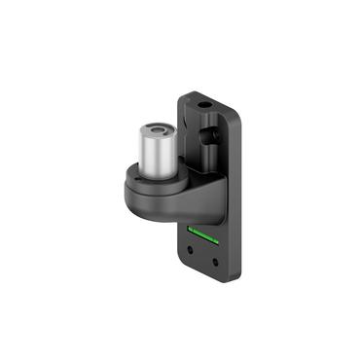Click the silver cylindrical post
pyautogui.click(x=155, y=151)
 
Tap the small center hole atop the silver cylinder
pyautogui.click(x=157, y=128)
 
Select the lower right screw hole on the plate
pyautogui.click(x=216, y=262)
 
